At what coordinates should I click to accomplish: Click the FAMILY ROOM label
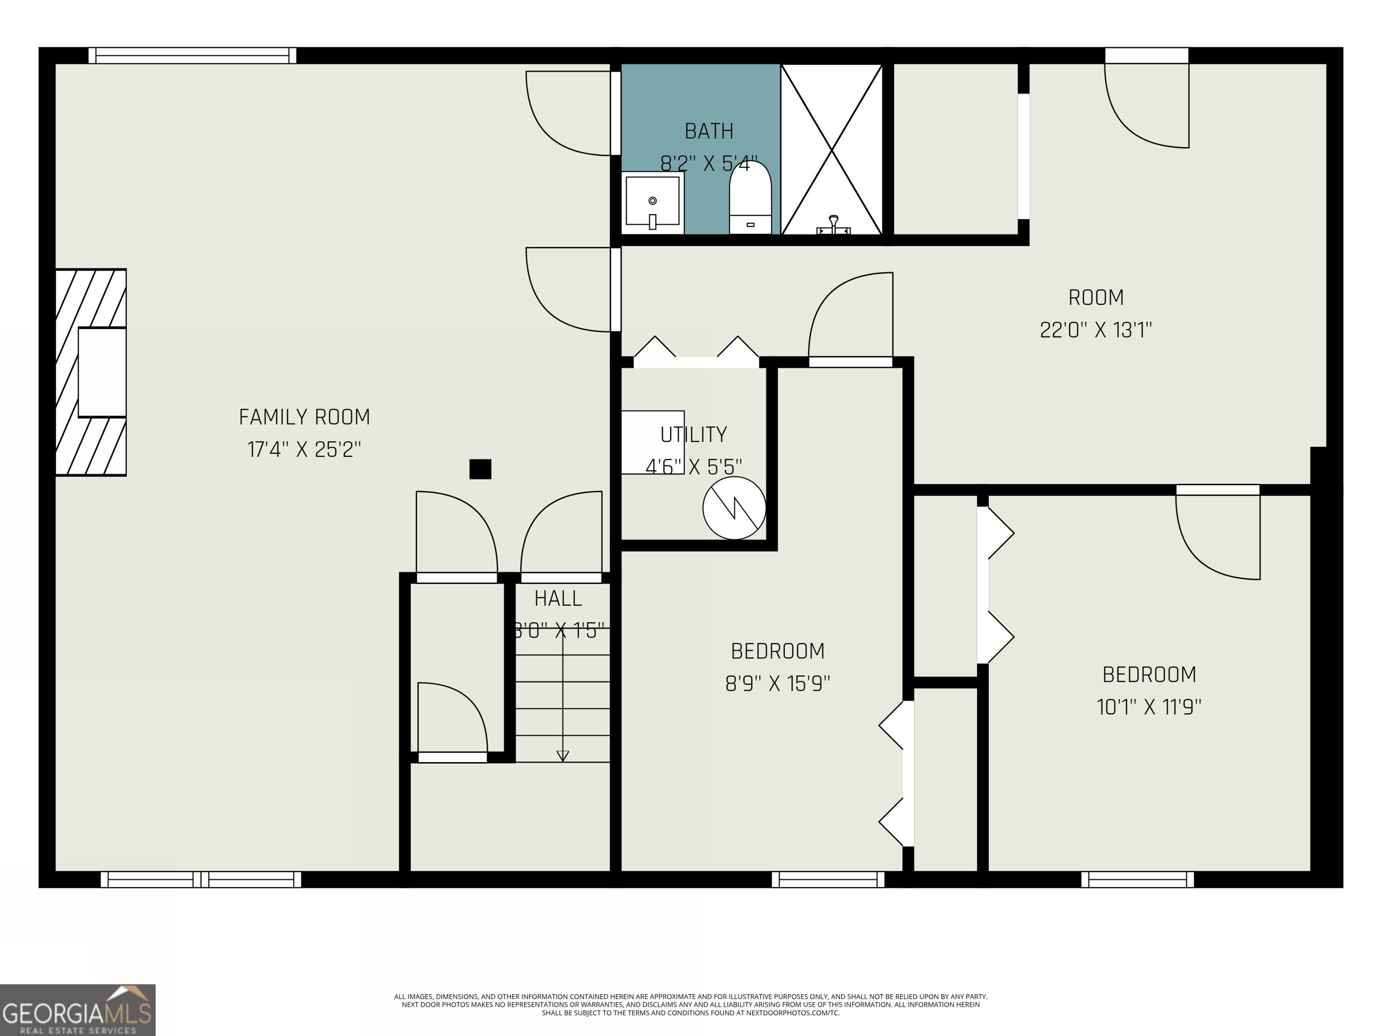coord(304,416)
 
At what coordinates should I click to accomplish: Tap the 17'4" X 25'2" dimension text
coord(304,449)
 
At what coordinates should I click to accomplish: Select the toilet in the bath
coord(750,199)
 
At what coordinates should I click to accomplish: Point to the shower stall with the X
coord(831,149)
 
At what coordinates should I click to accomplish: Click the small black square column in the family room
coord(480,469)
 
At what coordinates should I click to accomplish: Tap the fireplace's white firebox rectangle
coord(102,372)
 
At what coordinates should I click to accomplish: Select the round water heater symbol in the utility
coord(734,508)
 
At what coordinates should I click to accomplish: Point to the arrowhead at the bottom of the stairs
coord(562,755)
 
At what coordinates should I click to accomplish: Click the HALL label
coord(558,598)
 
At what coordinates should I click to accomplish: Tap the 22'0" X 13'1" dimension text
coord(1096,330)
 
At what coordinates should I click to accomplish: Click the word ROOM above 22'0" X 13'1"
coord(1096,297)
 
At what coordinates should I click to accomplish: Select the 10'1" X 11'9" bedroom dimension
coord(1149,707)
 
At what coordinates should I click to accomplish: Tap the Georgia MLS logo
coord(77,1010)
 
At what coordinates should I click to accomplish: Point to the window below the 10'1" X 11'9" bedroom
coord(1137,879)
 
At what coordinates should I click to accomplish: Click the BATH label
coord(709,131)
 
